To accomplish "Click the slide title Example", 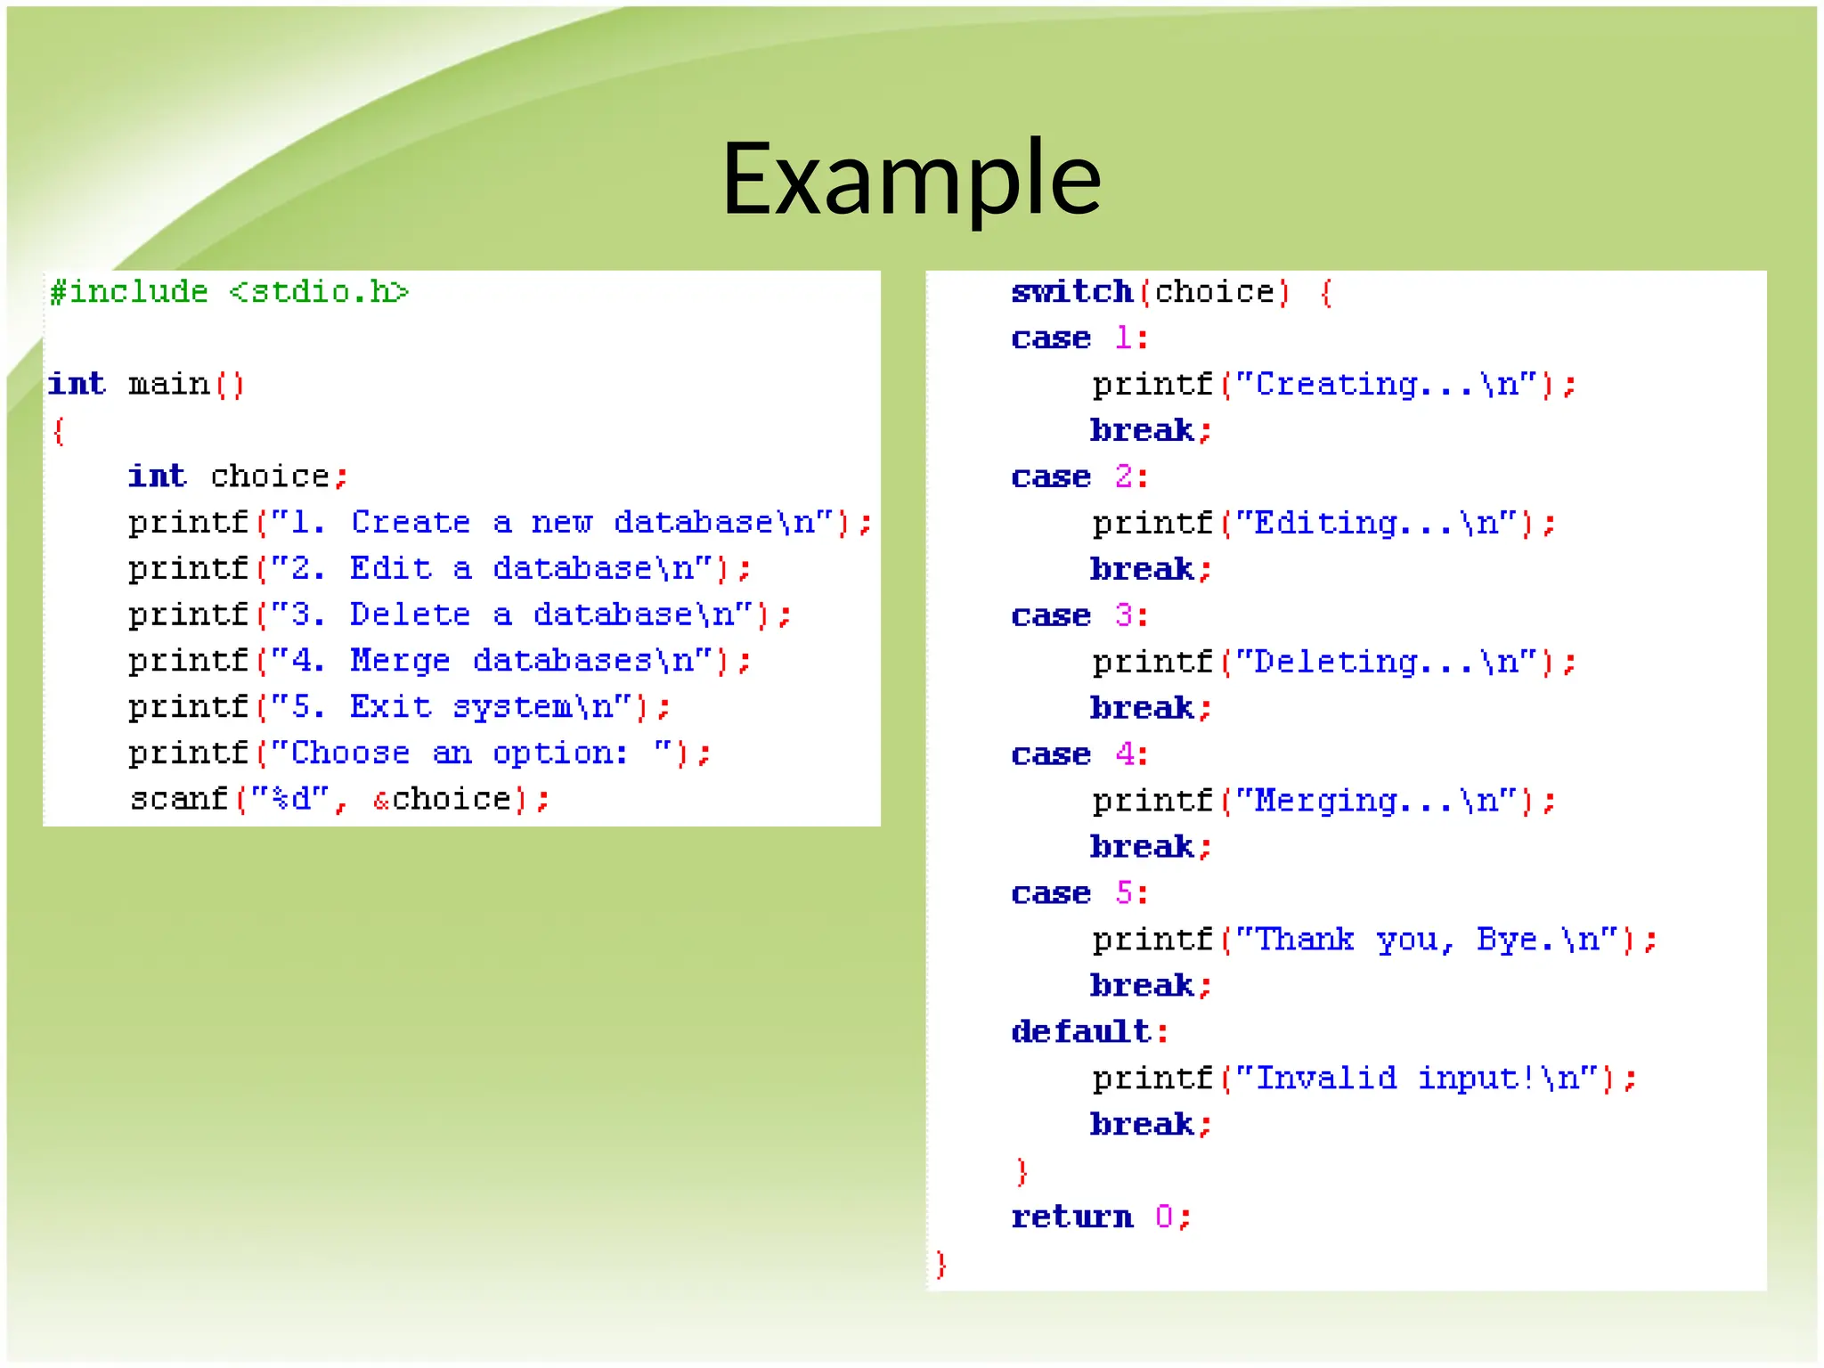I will [x=911, y=178].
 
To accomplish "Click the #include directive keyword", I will [x=129, y=292].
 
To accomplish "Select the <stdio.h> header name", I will [x=319, y=292].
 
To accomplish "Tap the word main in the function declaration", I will [x=169, y=385].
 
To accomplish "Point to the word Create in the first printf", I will [x=410, y=523].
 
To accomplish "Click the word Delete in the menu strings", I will [x=410, y=615].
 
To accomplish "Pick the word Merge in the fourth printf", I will [x=400, y=661].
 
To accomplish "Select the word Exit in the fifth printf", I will [x=390, y=707].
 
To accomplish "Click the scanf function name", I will [x=179, y=799].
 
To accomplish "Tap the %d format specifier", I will [x=290, y=799].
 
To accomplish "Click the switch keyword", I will [x=1071, y=292].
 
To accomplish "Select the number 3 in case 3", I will [x=1124, y=615].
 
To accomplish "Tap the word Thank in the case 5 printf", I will [x=1305, y=940].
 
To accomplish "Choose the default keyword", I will [x=1081, y=1031].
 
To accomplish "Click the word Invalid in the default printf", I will [x=1325, y=1079].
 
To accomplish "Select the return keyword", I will [x=1071, y=1217].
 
